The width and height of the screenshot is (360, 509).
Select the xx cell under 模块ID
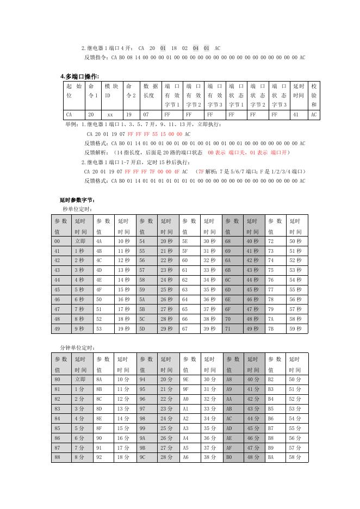tap(110, 115)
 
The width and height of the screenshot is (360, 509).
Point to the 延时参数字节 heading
tap(77, 200)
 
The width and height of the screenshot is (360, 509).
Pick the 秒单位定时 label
tap(78, 209)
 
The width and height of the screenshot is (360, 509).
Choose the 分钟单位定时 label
tap(78, 347)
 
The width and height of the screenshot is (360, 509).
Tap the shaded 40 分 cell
tap(253, 379)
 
